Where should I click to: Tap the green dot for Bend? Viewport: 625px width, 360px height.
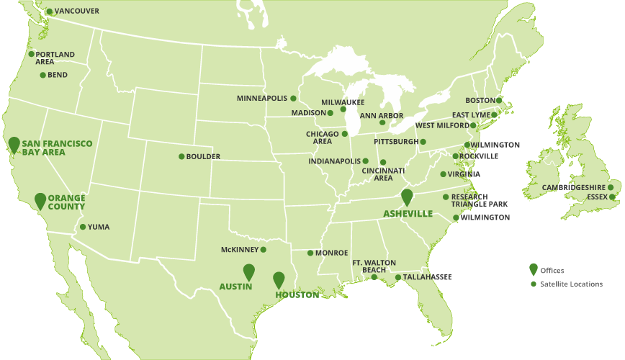[x=42, y=75]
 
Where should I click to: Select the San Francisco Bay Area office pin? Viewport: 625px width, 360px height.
[x=14, y=143]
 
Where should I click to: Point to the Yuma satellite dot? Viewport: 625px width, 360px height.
[x=82, y=227]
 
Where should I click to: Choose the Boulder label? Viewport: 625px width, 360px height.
[x=203, y=157]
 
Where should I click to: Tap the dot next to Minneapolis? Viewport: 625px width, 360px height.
[x=294, y=98]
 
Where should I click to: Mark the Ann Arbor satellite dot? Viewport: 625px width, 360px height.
[x=382, y=122]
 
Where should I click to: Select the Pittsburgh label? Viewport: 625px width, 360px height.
[x=395, y=142]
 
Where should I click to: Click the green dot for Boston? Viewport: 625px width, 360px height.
[x=500, y=100]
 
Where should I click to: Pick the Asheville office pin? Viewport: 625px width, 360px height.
[x=407, y=196]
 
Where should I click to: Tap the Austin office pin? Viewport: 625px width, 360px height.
[x=249, y=271]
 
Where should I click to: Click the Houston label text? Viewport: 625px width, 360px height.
[x=297, y=295]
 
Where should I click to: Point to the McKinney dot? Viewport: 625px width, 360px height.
[x=264, y=250]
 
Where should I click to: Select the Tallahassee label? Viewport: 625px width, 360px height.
[x=428, y=277]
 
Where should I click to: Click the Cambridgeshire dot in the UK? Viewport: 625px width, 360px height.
[x=611, y=187]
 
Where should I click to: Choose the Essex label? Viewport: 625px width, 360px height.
[x=598, y=197]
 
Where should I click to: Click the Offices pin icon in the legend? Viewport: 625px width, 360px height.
[x=533, y=269]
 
